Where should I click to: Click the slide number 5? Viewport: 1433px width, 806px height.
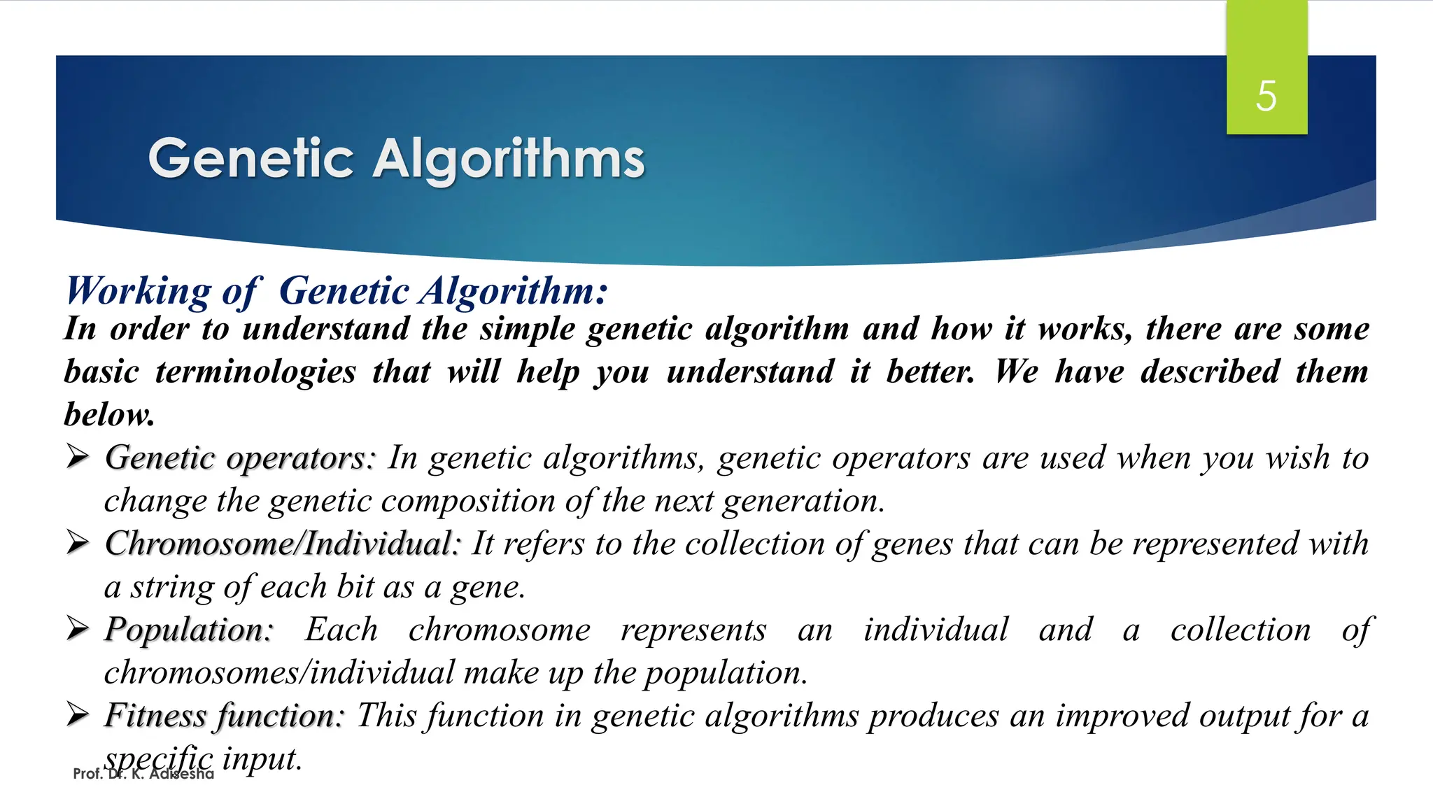click(1266, 96)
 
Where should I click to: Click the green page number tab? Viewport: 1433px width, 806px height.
click(1266, 42)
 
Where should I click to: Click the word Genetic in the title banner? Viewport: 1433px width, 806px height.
click(250, 159)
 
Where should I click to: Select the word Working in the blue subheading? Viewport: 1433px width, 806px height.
click(138, 291)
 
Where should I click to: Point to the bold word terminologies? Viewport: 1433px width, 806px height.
click(255, 372)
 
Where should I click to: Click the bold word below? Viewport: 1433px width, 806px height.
click(109, 414)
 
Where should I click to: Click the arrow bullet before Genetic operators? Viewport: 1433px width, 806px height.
click(77, 458)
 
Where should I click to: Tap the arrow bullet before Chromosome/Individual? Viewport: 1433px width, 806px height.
click(77, 543)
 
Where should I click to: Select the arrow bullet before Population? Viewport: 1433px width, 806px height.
click(77, 629)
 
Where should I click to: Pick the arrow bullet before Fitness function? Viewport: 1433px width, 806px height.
click(77, 715)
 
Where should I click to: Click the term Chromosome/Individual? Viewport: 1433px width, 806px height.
click(283, 544)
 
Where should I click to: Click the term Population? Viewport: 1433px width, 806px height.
click(188, 630)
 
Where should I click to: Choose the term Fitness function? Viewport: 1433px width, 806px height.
click(225, 716)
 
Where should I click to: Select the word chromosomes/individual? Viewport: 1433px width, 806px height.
click(279, 672)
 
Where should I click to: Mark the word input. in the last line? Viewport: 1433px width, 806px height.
click(262, 758)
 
